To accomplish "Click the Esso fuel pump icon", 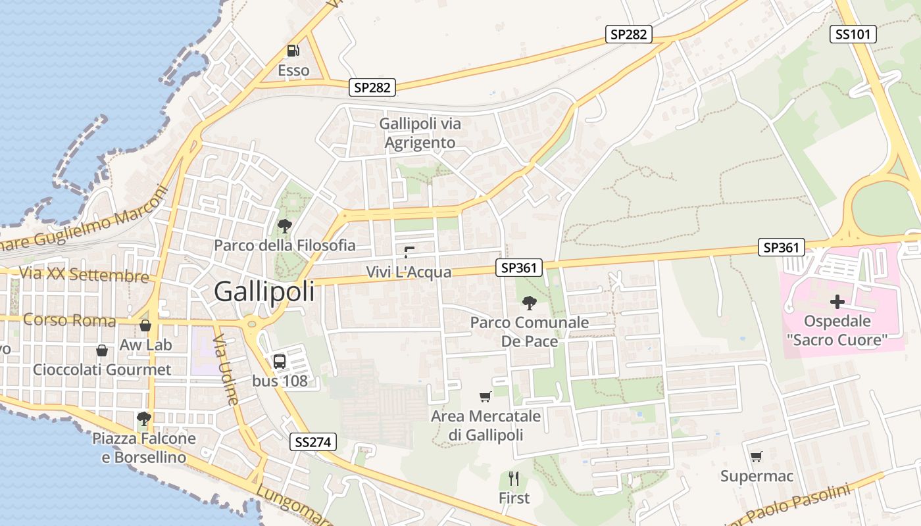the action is [293, 51].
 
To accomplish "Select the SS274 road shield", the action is [313, 442].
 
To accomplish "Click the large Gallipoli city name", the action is [264, 291].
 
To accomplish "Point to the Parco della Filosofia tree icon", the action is [284, 227].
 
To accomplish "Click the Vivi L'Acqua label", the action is [409, 272].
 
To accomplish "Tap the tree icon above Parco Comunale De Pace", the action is [529, 303].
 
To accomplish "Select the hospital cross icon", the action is [837, 302].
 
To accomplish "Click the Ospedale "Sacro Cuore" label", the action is [837, 331].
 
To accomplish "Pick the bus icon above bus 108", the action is [280, 361].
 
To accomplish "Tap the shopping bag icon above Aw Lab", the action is [145, 325].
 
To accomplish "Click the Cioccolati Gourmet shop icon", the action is [101, 350].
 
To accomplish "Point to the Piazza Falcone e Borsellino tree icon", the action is [143, 418].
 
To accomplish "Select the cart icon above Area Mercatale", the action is [485, 396].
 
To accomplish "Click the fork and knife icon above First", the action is [514, 479].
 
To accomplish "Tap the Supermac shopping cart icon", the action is [757, 456].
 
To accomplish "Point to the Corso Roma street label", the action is [69, 321].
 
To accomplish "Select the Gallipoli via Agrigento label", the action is [420, 133].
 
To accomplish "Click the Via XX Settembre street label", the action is [84, 274].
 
